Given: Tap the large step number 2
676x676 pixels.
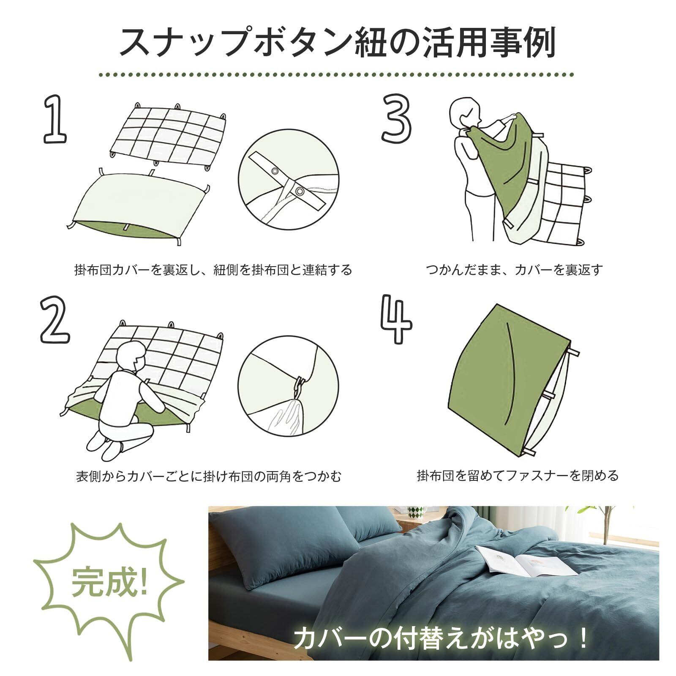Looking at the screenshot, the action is [x=55, y=319].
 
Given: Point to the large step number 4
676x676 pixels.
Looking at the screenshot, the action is [x=396, y=319].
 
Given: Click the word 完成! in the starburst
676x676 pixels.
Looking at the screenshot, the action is [x=109, y=581].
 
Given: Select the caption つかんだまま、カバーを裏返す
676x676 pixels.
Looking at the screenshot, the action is [x=514, y=270].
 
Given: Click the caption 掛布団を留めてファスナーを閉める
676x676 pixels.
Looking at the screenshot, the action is [x=518, y=476].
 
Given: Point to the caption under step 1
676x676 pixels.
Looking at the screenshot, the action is [x=213, y=270].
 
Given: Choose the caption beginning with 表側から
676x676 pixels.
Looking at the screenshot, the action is [x=209, y=477].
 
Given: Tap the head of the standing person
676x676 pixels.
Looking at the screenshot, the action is [x=465, y=112].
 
